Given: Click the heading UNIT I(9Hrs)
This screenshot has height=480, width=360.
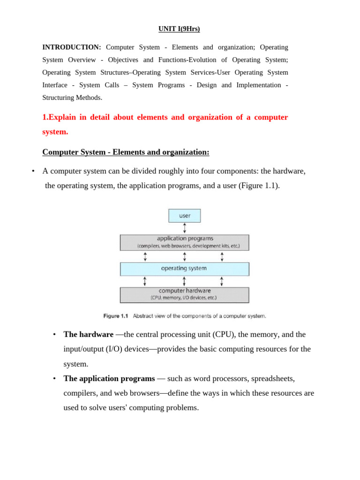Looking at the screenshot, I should tap(179, 29).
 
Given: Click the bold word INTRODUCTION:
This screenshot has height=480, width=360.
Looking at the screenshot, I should tap(71, 47).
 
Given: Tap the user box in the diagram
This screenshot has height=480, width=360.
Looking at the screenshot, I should tap(185, 216).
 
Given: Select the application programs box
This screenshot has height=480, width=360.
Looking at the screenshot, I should tap(185, 242).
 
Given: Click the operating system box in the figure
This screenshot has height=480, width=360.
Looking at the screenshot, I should tap(185, 269).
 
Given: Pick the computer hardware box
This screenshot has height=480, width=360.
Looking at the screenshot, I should tap(185, 295).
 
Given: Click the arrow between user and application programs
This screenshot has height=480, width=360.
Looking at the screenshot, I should tap(185, 228).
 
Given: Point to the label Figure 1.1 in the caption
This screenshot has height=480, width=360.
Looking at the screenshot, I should tap(115, 316).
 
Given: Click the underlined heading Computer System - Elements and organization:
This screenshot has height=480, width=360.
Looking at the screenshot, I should tap(126, 152).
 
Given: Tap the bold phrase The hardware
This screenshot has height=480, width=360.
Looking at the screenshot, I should tap(88, 335).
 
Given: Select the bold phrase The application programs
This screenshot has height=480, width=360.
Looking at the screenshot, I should tap(109, 378).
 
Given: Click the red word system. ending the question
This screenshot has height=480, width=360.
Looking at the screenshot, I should tap(55, 132).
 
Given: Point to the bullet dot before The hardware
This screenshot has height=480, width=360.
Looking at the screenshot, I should tap(54, 335).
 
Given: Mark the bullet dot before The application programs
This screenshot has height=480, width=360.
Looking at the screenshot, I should tap(54, 378).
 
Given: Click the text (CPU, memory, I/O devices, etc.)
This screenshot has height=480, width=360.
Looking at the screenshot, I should tap(184, 298).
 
